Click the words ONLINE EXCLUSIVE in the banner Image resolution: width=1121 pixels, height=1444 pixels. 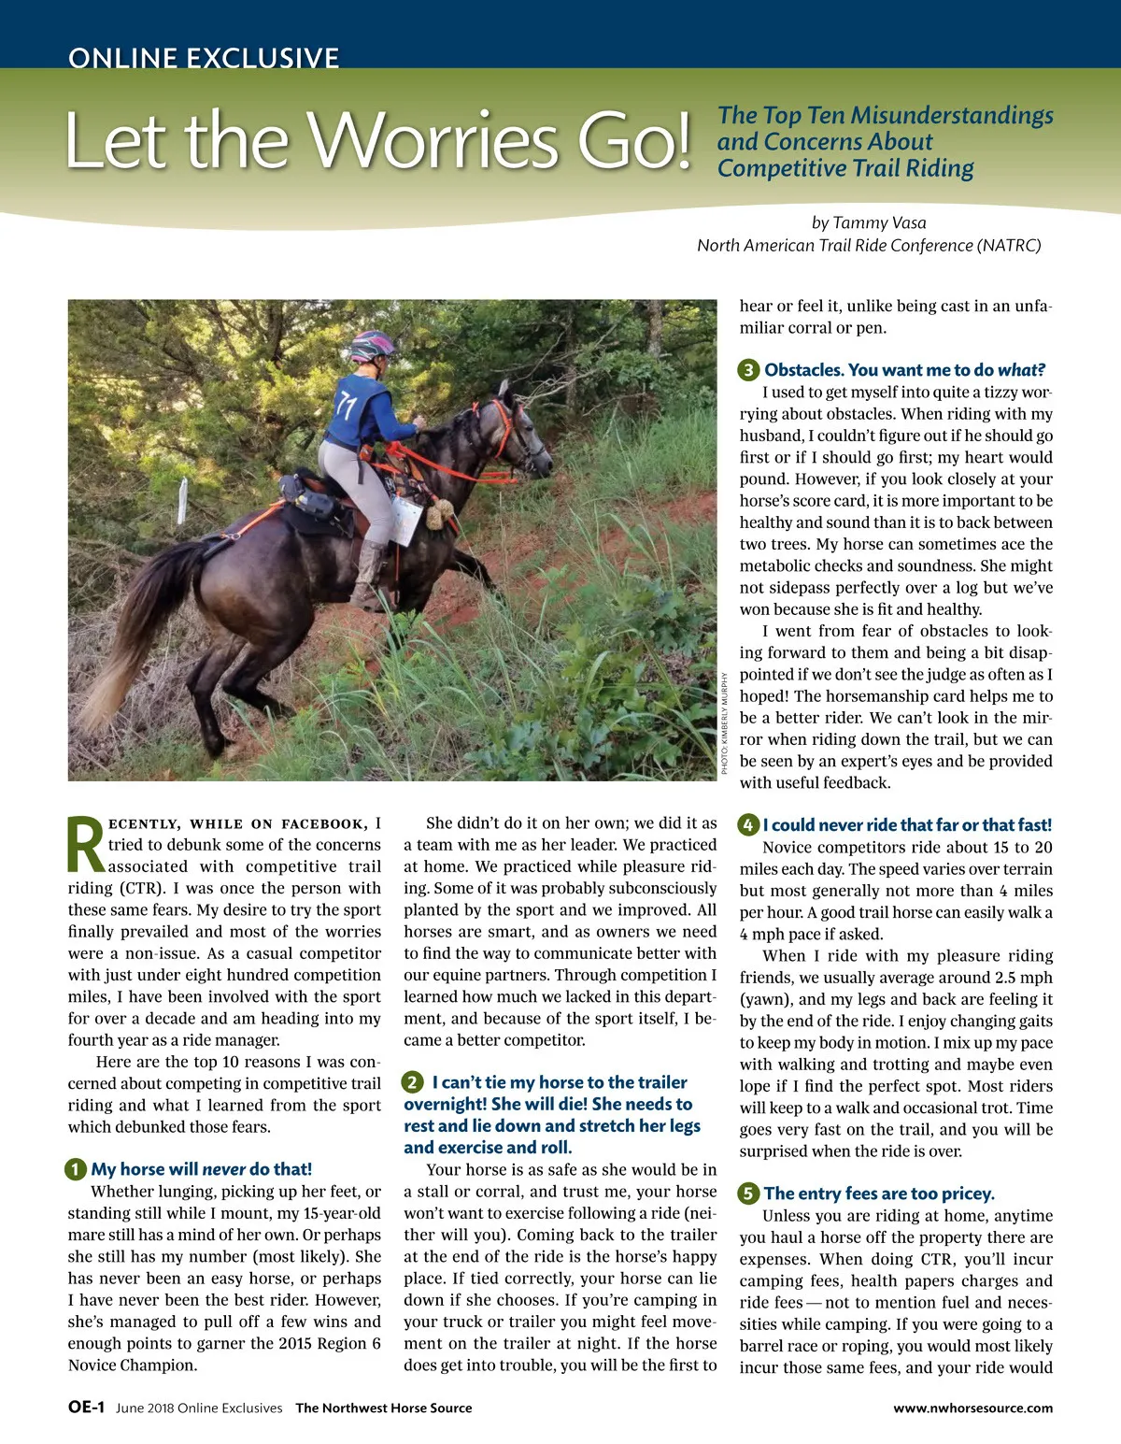point(203,58)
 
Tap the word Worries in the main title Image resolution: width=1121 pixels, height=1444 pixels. point(434,140)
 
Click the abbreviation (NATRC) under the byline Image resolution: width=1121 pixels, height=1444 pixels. point(1009,245)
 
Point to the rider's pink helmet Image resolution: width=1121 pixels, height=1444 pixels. point(371,346)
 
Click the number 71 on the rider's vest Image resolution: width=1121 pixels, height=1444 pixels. point(347,406)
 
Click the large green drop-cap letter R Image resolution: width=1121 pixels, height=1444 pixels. point(86,847)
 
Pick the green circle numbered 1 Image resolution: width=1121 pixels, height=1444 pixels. point(76,1169)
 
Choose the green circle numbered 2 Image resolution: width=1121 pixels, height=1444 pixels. point(412,1082)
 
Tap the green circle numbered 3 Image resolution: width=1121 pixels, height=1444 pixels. point(748,370)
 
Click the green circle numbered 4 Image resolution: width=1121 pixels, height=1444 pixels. point(748,825)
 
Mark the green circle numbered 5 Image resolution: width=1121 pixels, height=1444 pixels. point(748,1194)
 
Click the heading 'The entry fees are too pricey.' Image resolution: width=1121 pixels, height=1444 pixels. point(879,1194)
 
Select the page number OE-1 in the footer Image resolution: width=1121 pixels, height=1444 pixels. point(86,1408)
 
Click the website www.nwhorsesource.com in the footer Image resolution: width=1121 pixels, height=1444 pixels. point(972,1408)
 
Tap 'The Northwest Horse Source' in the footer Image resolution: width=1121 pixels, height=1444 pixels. point(384,1408)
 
